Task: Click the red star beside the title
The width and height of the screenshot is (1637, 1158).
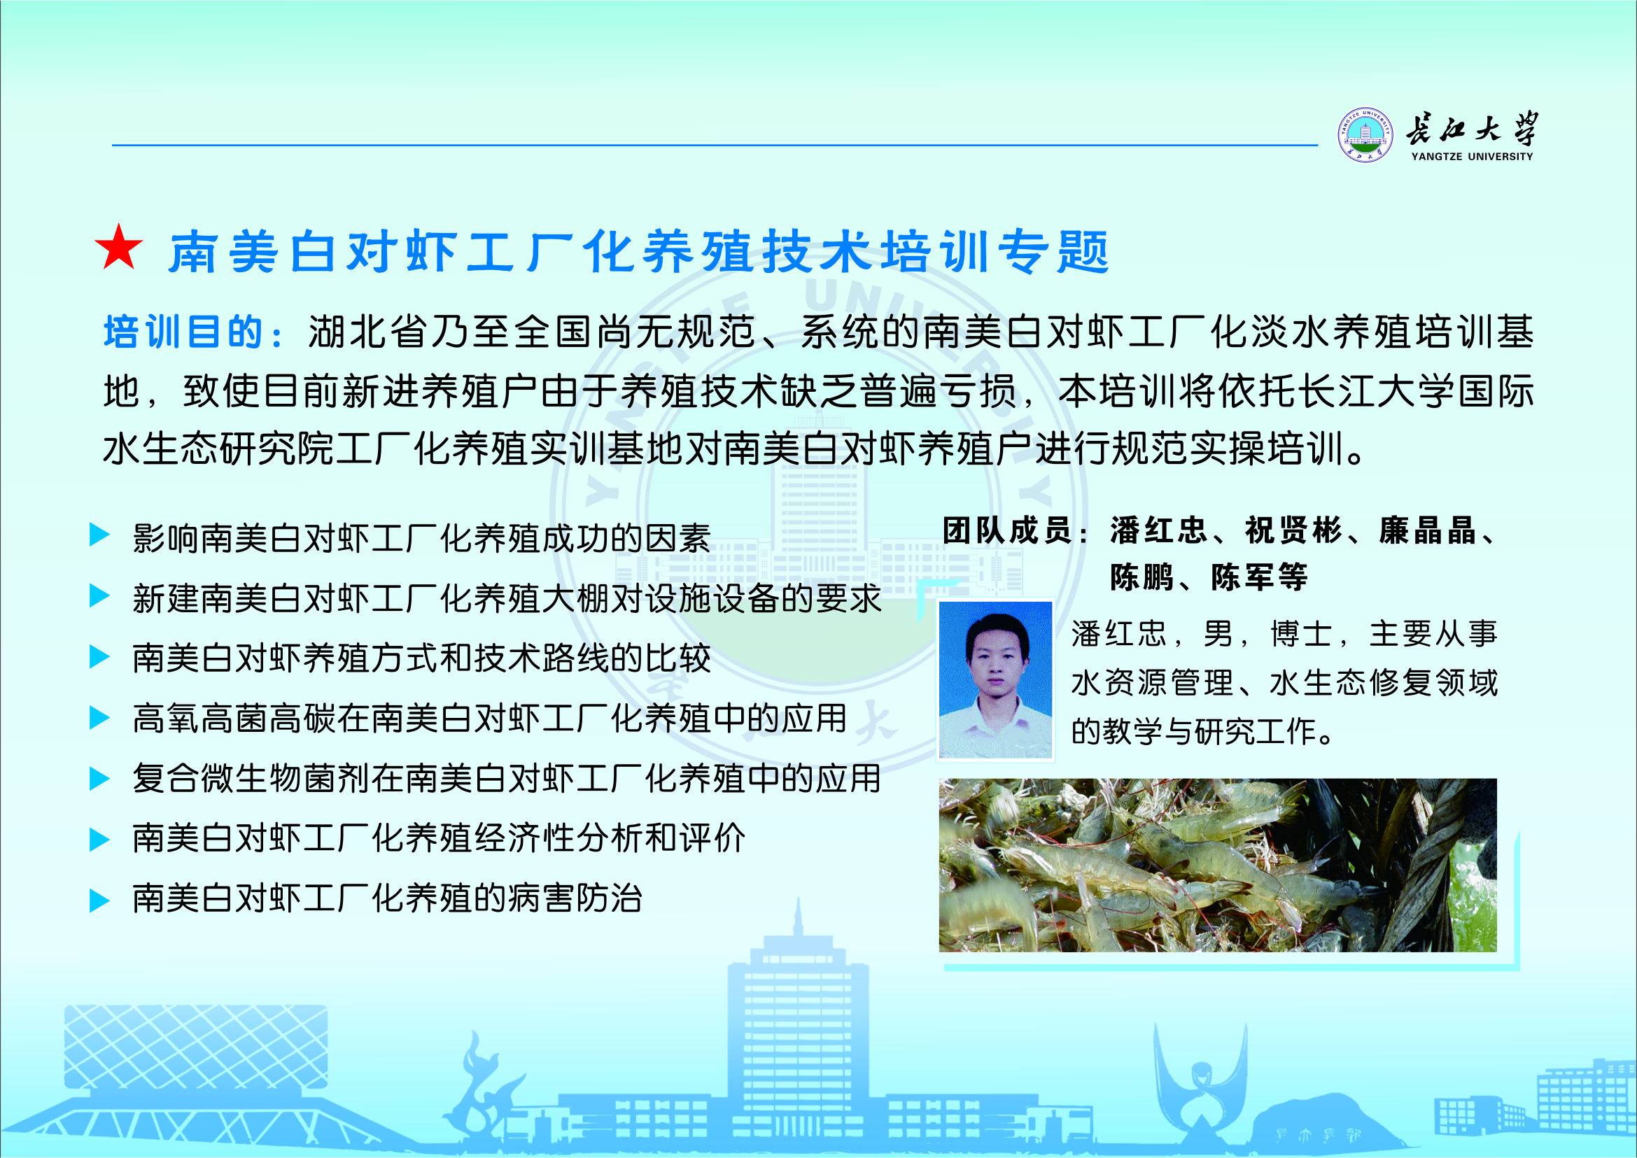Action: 119,248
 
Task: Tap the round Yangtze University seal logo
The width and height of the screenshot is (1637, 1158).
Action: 1365,135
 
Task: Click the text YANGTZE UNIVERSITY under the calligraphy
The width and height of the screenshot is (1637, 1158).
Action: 1472,156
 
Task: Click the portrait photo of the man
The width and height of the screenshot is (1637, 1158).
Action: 996,679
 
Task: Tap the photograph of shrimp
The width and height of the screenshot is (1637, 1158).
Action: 1218,865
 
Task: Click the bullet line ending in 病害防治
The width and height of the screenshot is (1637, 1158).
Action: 387,898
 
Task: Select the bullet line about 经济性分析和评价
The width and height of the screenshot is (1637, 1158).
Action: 439,838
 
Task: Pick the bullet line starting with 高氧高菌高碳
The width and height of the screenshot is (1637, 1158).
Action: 489,718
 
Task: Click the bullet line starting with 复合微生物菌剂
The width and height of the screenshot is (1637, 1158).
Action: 507,778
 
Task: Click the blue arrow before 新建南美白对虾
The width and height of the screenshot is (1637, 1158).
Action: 99,595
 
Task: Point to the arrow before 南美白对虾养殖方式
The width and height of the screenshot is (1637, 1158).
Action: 99,656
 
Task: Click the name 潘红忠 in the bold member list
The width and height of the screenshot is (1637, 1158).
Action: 1158,530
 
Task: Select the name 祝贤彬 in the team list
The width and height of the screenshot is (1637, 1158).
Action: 1293,530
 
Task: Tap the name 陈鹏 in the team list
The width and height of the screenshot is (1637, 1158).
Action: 1141,577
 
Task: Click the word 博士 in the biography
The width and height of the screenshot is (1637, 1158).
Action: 1302,634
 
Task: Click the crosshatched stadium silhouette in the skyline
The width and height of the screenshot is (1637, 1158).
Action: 196,1047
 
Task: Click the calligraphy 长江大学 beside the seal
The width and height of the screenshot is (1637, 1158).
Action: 1472,128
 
